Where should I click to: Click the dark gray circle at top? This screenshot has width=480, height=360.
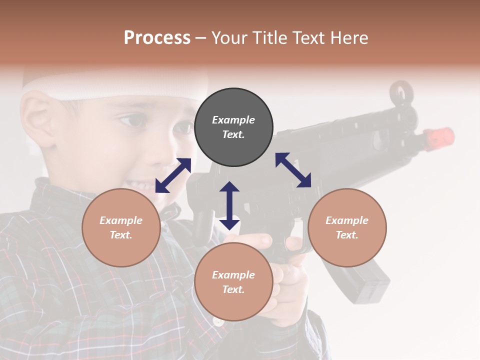coord(233,127)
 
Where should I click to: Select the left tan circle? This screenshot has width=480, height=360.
coord(121,227)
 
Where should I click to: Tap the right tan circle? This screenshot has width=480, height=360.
coord(347,227)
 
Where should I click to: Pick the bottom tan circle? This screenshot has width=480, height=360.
coord(233,282)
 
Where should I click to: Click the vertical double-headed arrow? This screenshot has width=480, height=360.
coord(229,205)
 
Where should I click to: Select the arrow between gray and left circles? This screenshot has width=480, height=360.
coord(173,175)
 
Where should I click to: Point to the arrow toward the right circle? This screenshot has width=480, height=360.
coord(293,170)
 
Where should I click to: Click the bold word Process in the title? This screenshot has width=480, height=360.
coord(157,37)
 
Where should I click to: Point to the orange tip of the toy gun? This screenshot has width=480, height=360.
coord(439,137)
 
